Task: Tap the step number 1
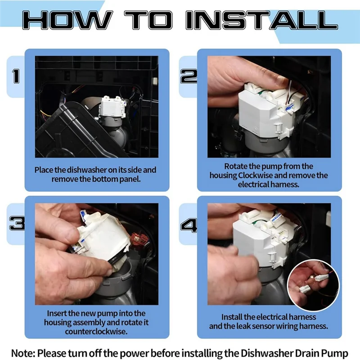click(16, 76)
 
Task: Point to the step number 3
click(17, 223)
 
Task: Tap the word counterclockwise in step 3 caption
click(96, 332)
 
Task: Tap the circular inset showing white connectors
click(313, 286)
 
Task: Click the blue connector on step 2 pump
click(289, 108)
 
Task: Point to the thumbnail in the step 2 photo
click(280, 79)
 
